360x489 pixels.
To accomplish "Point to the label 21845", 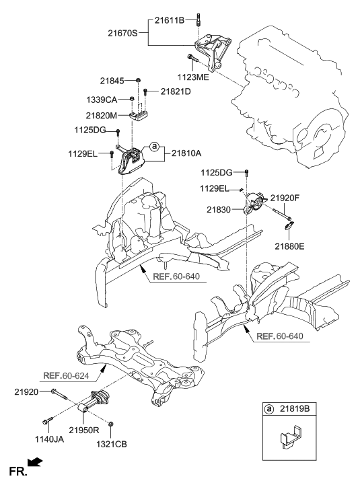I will (x=116, y=81).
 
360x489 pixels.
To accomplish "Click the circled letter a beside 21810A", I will (x=154, y=146).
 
